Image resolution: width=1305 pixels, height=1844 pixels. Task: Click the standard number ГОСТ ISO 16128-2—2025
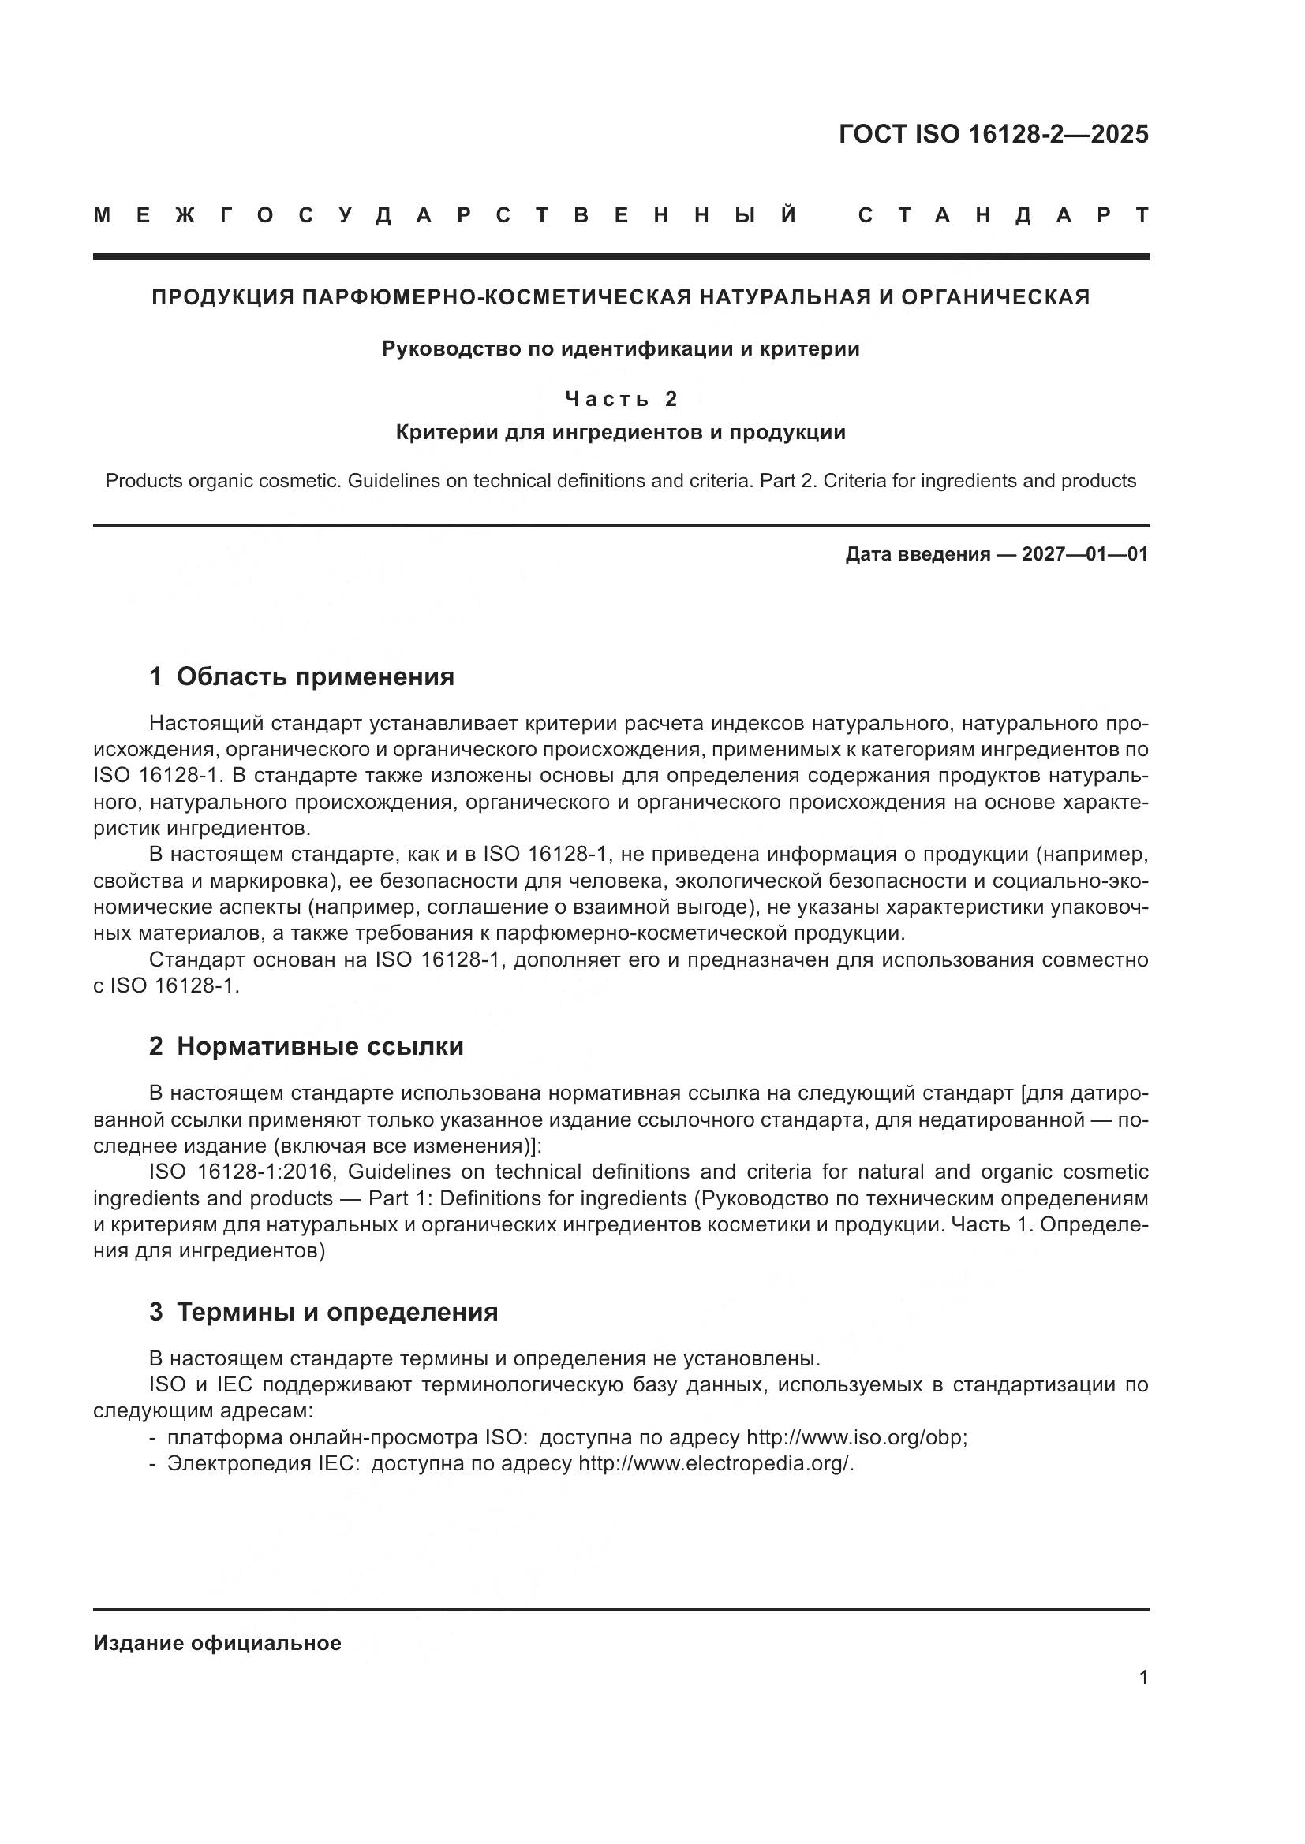point(993,134)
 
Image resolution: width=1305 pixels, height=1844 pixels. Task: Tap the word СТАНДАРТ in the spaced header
point(1004,216)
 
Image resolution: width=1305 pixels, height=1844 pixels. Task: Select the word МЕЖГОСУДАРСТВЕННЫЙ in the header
point(446,216)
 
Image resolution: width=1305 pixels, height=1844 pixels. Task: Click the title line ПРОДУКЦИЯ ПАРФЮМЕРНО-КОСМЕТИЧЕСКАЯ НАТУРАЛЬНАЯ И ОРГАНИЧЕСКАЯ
point(620,298)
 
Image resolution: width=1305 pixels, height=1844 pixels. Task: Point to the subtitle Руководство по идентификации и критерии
point(620,349)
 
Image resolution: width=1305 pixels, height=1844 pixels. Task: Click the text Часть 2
point(621,398)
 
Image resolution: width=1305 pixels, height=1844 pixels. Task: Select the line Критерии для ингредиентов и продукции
point(620,433)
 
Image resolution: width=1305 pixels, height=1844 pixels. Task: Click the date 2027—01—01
point(1085,554)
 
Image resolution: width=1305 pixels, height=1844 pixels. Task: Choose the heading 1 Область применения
point(302,677)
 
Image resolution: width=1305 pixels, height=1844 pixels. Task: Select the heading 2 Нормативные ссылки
point(306,1046)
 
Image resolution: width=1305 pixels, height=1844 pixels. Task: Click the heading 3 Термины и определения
point(323,1313)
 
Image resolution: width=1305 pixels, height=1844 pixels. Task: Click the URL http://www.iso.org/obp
point(855,1438)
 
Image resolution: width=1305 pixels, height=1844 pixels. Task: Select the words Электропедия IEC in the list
point(261,1464)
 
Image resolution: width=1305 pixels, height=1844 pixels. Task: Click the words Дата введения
point(917,554)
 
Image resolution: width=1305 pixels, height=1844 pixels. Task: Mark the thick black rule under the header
point(620,257)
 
